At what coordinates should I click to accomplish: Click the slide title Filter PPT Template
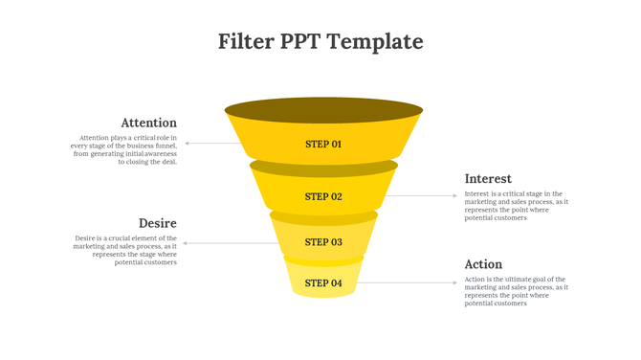pos(320,41)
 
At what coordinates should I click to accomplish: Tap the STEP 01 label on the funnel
pos(323,145)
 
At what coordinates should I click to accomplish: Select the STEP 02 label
pos(323,196)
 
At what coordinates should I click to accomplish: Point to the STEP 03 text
pos(323,242)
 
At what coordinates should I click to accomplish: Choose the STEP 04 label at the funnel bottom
pos(323,283)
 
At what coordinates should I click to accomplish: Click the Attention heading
pos(148,123)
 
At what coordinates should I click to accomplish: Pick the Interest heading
pos(488,179)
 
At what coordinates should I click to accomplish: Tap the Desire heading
pos(158,223)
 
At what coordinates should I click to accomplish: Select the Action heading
pos(483,264)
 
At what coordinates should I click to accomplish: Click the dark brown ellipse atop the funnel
pos(323,109)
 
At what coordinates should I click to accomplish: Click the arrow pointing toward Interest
pos(426,196)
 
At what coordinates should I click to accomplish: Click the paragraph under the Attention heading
pos(124,149)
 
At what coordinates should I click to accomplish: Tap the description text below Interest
pos(516,206)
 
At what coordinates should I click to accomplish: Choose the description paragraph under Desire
pos(125,250)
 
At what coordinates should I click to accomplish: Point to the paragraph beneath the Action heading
pos(516,291)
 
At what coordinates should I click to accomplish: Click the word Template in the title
pos(376,41)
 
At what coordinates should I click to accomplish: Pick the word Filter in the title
pos(246,41)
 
